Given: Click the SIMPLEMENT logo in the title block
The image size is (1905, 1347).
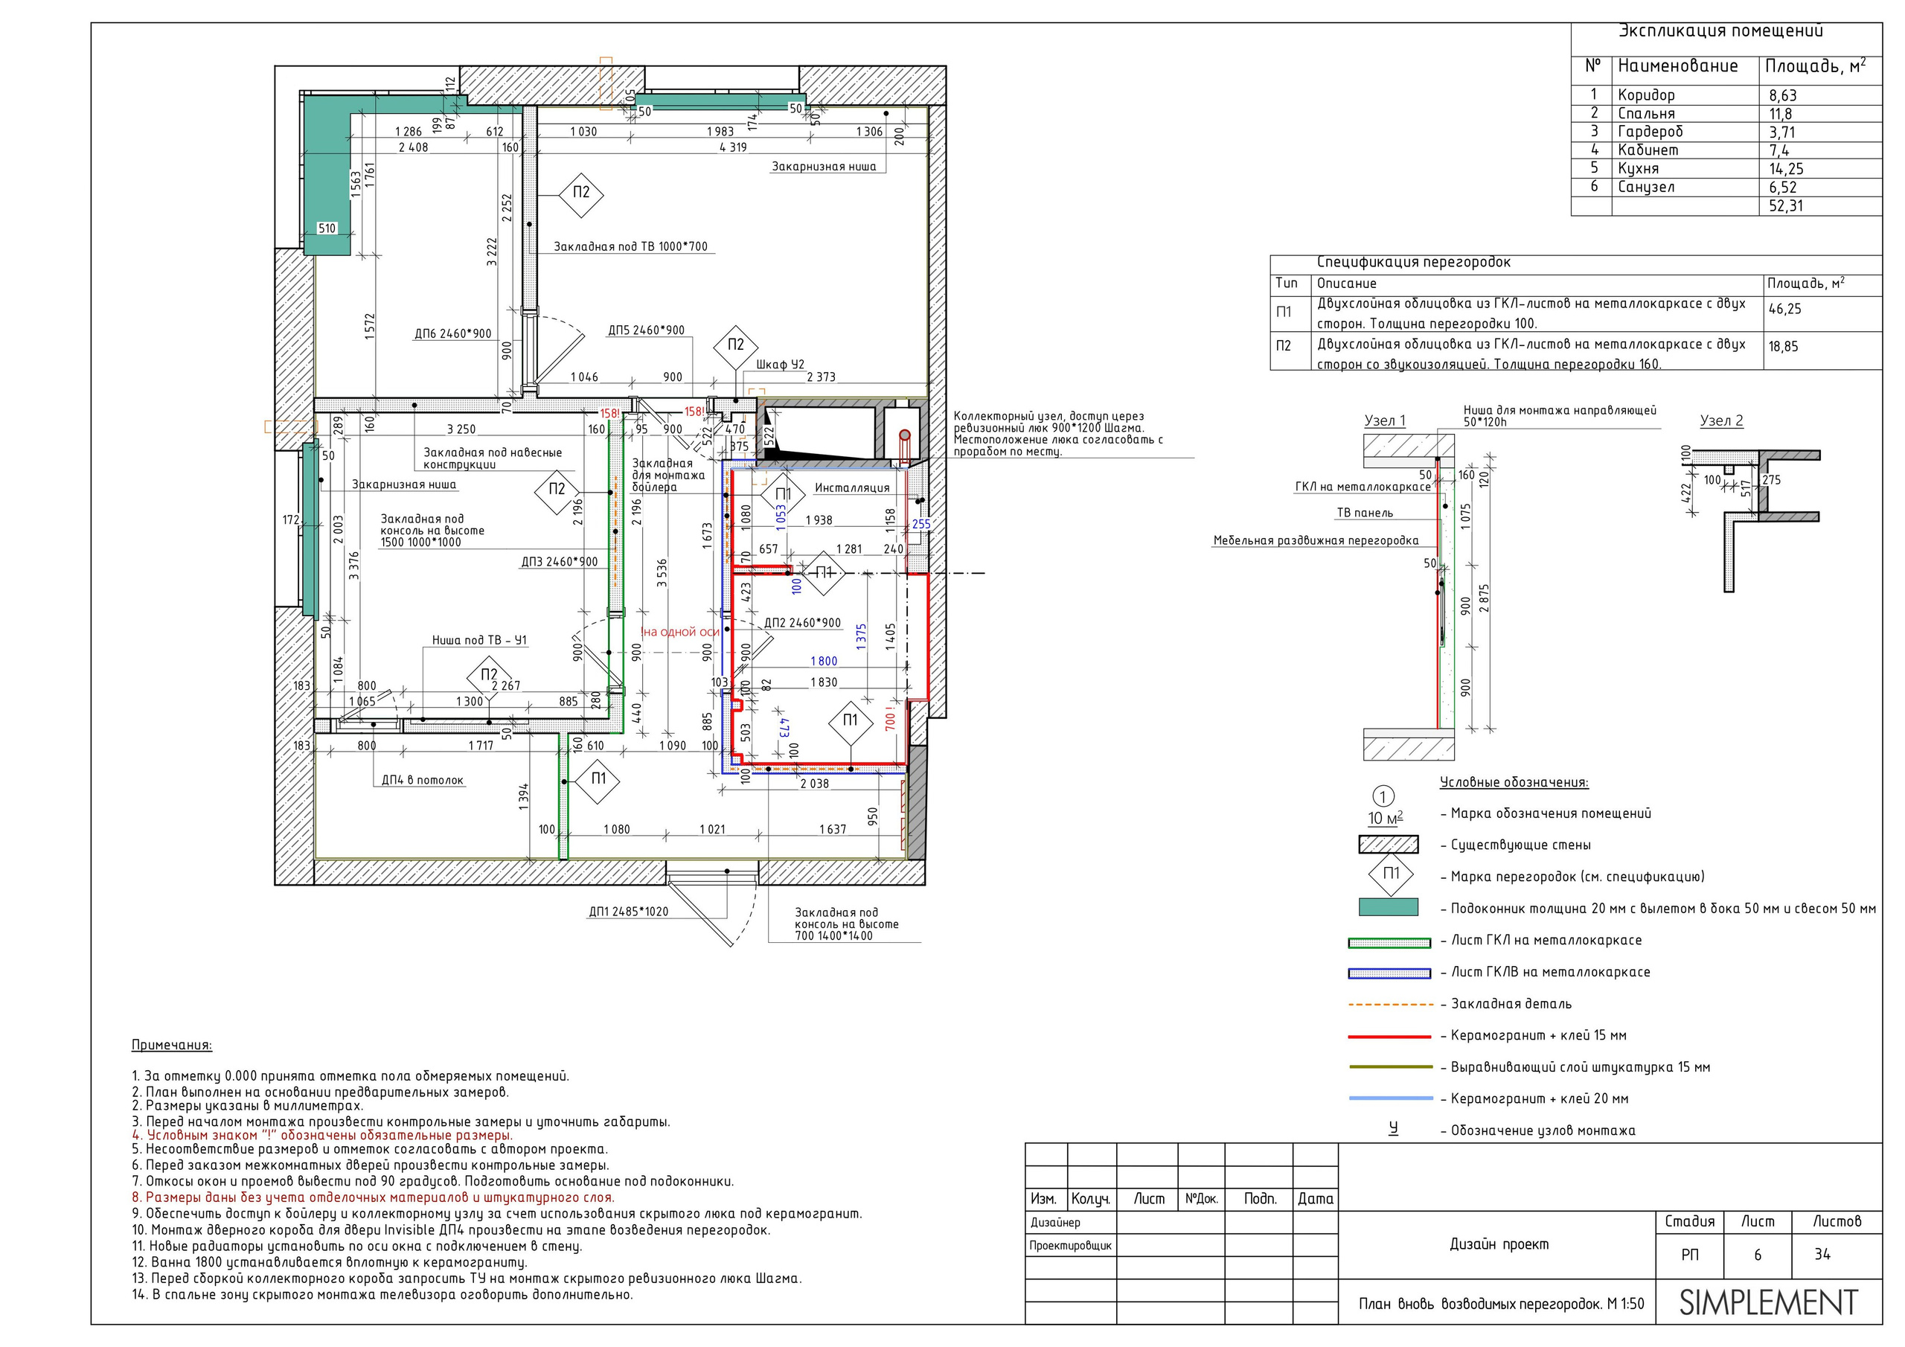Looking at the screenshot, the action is coord(1768,1302).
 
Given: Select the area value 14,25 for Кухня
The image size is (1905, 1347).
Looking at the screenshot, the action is coord(1785,168).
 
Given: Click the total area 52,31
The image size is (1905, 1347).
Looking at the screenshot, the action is coord(1785,206).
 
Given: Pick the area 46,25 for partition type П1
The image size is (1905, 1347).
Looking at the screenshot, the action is coord(1784,309).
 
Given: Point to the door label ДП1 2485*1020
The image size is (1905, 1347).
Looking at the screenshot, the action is coord(628,912).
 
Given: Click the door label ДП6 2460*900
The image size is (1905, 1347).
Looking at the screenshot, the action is coord(453,333).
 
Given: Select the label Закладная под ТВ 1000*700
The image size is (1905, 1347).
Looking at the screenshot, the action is coord(630,246).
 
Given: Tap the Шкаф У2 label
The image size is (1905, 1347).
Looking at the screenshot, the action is coord(780,365).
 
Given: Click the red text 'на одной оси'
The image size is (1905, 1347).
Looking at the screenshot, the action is coord(680,632).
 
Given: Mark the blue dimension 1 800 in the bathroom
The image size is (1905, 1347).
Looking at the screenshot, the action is coord(824,662).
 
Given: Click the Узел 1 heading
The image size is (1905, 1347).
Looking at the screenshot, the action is coord(1385,420).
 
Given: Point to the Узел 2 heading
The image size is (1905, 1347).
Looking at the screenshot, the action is coord(1722,420).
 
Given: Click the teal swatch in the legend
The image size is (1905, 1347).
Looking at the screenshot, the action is coord(1388,907).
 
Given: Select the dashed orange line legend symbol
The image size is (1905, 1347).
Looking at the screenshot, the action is coord(1391,1004).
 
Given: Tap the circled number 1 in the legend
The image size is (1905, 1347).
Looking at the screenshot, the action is coord(1383,797).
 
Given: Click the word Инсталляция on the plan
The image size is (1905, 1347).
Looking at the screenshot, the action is coord(852,488).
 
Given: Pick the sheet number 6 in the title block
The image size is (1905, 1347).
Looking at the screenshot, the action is coord(1758,1255).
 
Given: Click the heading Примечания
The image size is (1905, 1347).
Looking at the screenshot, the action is coord(172,1045).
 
